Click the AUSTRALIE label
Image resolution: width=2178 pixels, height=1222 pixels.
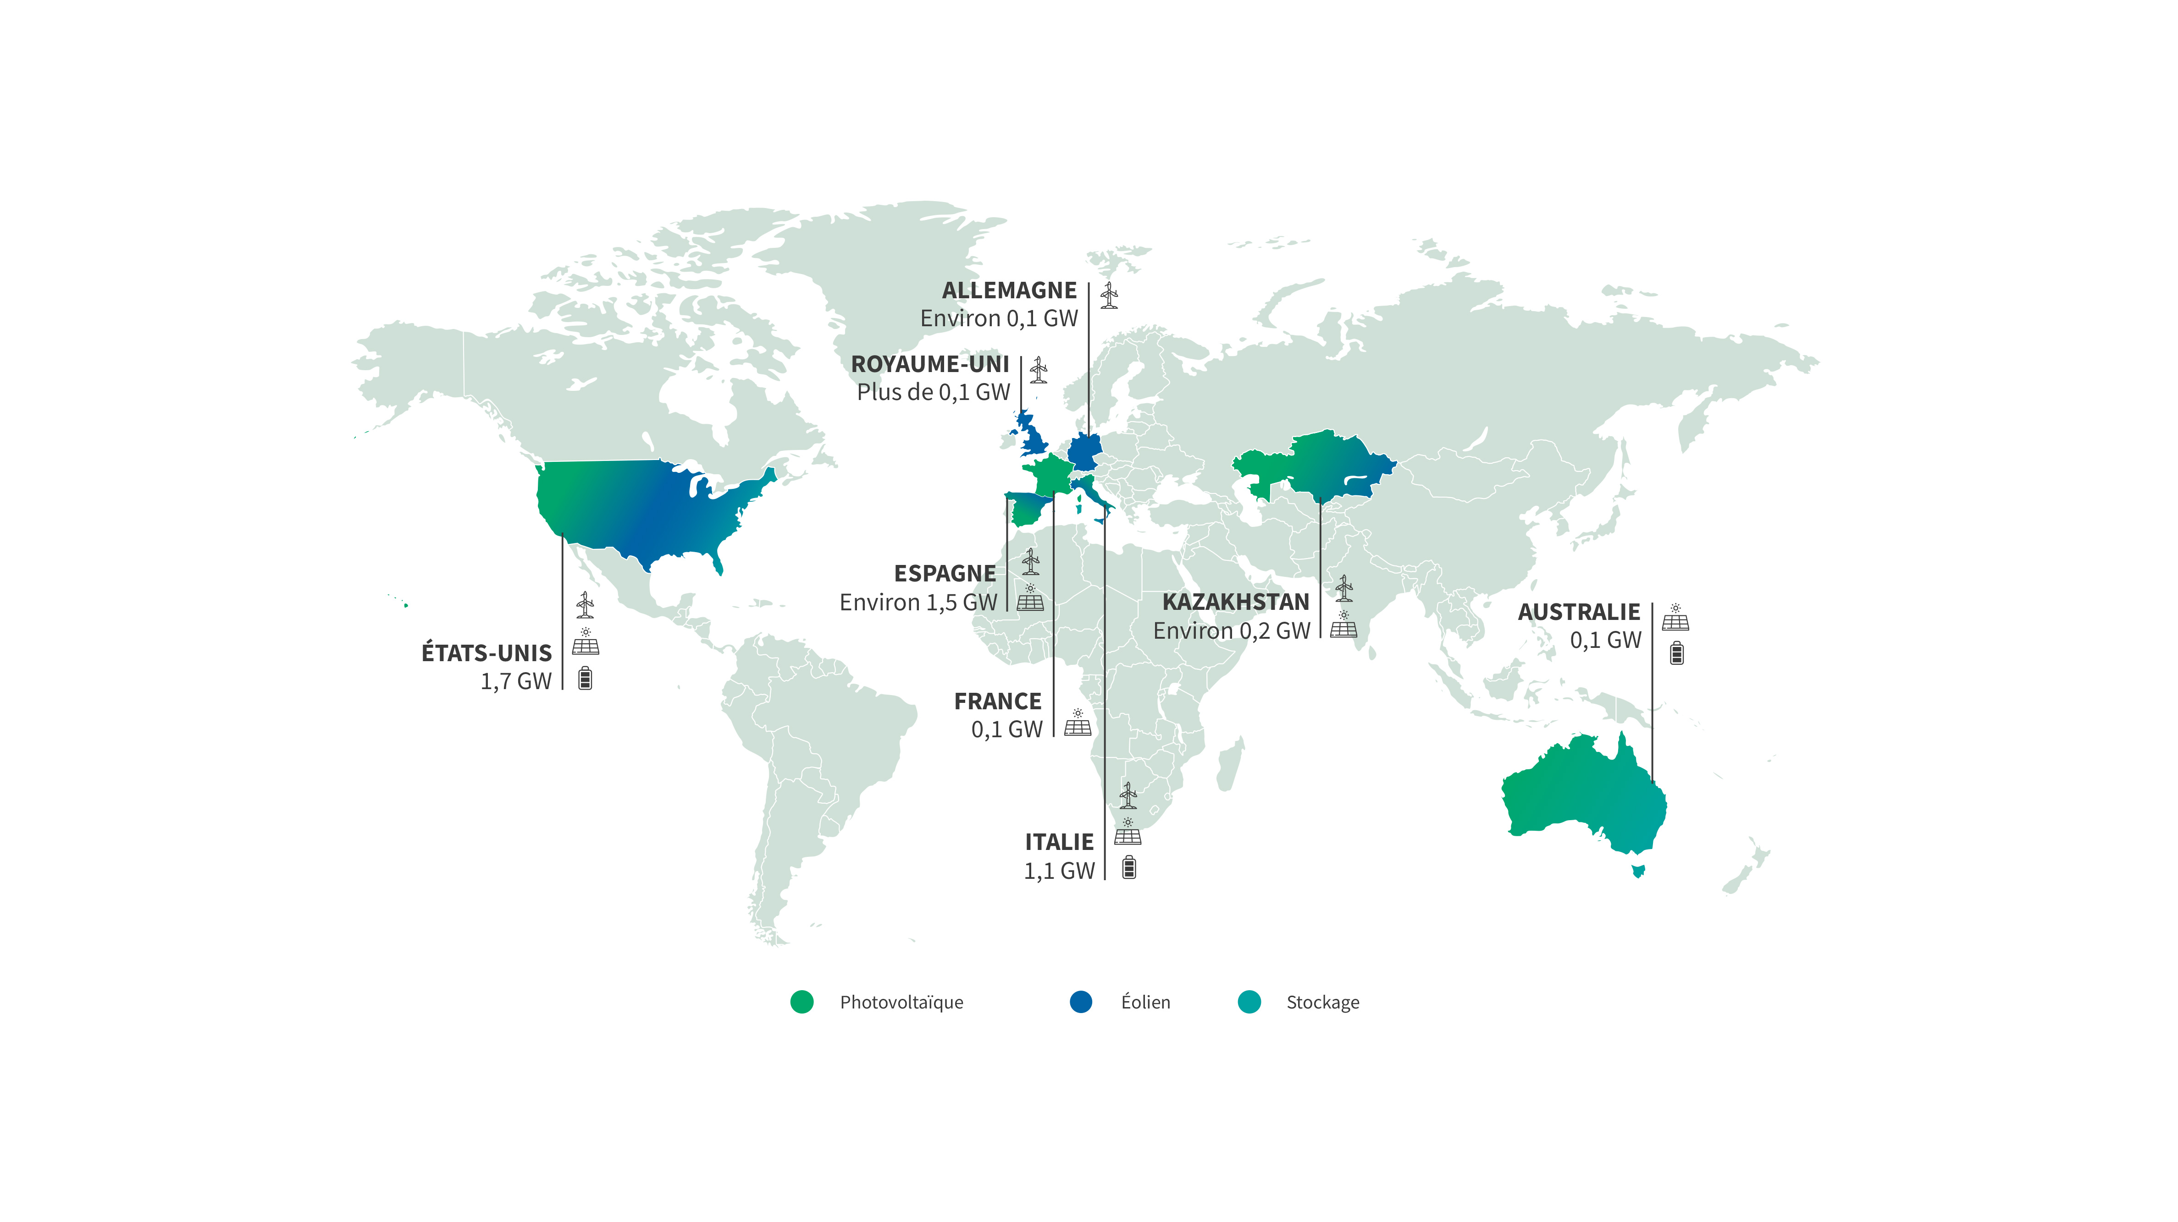(x=1579, y=612)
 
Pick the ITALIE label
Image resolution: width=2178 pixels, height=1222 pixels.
(x=1059, y=843)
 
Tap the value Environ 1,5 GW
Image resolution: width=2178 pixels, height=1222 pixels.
(x=918, y=603)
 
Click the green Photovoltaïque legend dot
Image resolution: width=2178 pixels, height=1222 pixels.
(x=802, y=1002)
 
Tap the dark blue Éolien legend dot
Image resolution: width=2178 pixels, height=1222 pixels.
(x=1081, y=1002)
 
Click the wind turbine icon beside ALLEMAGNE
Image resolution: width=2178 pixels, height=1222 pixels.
(x=1109, y=296)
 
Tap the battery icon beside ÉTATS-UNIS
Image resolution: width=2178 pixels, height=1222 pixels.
(x=585, y=679)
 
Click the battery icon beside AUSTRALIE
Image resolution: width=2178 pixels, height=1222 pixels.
(x=1677, y=653)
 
